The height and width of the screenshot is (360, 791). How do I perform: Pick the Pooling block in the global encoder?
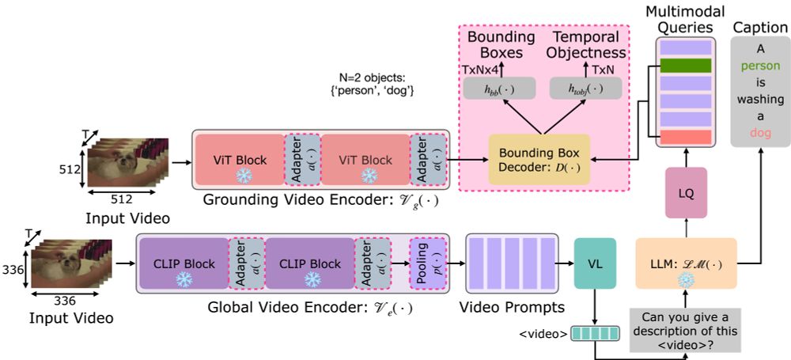(426, 263)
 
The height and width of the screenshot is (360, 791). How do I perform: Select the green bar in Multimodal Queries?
(685, 66)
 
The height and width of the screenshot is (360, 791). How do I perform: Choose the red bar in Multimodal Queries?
(685, 137)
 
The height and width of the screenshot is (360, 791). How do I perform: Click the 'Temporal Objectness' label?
(586, 44)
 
